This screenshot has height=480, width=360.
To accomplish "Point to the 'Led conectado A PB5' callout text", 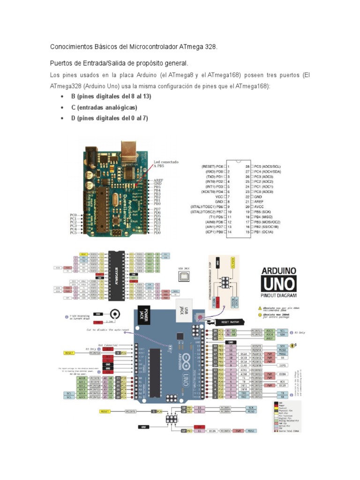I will pos(166,164).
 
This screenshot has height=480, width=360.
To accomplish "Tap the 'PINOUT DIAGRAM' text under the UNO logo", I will pos(278,296).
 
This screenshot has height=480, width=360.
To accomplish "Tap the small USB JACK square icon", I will pos(184,277).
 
